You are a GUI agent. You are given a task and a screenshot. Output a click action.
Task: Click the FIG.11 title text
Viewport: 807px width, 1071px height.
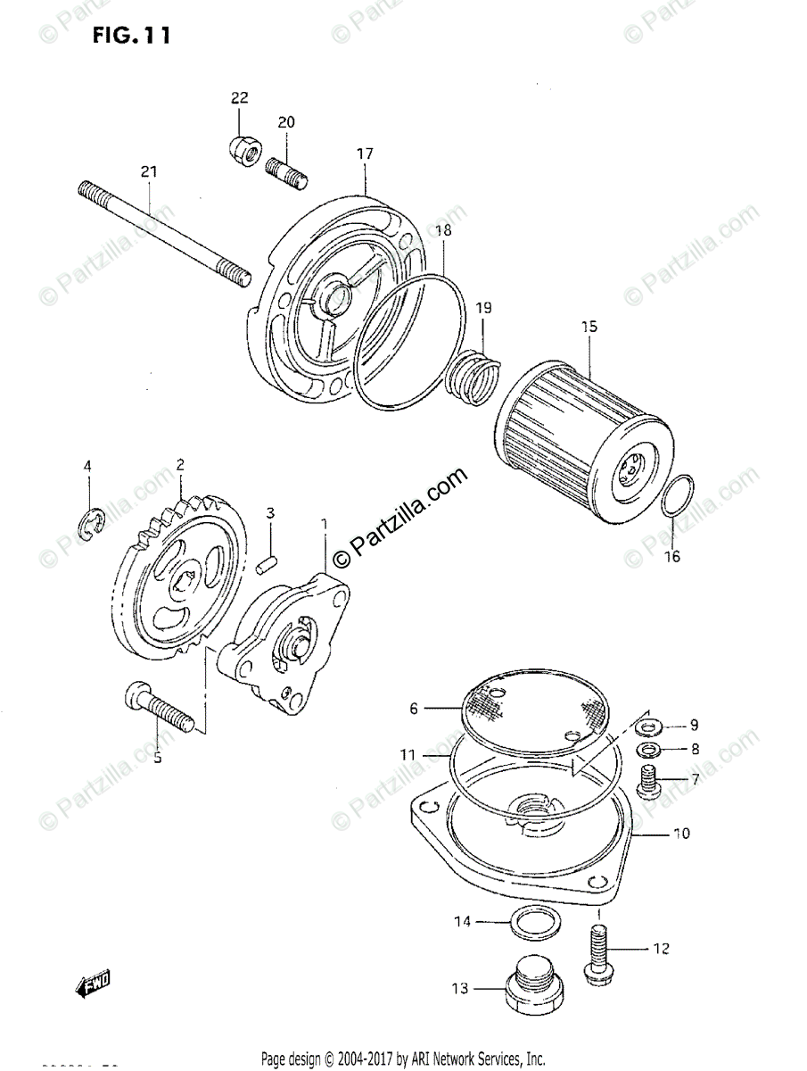pyautogui.click(x=129, y=36)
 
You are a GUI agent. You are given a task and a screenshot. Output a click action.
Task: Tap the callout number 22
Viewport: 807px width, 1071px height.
pyautogui.click(x=240, y=97)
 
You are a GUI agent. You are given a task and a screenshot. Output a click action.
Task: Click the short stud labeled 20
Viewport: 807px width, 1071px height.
pyautogui.click(x=285, y=169)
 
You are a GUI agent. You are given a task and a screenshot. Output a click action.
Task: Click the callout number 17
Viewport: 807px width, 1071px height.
pyautogui.click(x=365, y=154)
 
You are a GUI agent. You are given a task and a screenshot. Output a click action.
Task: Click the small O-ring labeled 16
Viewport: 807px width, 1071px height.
pyautogui.click(x=679, y=496)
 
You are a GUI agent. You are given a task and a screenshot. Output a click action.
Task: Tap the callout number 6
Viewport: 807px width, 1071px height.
pyautogui.click(x=414, y=710)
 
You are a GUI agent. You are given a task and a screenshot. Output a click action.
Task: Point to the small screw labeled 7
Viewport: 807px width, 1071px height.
pyautogui.click(x=649, y=781)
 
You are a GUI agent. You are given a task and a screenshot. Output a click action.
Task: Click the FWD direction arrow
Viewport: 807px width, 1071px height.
pyautogui.click(x=93, y=984)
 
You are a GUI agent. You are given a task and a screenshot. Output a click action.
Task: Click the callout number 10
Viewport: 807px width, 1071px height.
pyautogui.click(x=680, y=834)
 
